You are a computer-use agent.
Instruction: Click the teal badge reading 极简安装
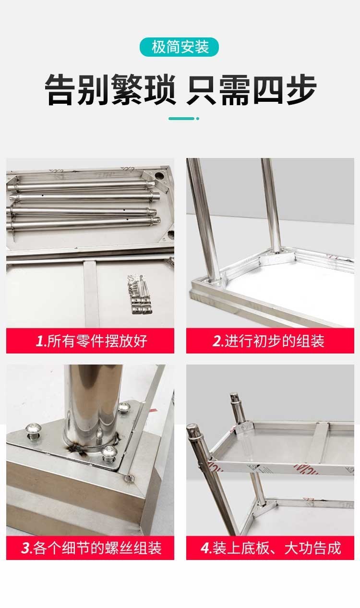(180, 47)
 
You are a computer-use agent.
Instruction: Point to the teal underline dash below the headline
(182, 118)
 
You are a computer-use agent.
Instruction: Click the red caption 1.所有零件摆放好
(90, 341)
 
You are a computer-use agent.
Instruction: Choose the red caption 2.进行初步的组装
(270, 341)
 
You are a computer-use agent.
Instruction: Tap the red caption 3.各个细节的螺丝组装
(90, 547)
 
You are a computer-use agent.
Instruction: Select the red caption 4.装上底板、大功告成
(270, 547)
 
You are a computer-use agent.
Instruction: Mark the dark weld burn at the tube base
(77, 449)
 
